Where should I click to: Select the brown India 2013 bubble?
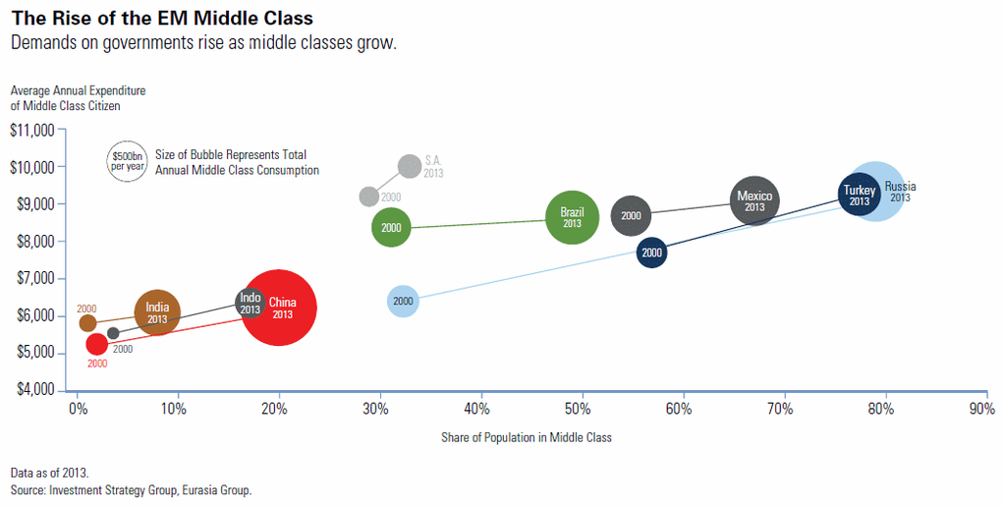pos(157,313)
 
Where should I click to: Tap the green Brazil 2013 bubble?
pos(572,217)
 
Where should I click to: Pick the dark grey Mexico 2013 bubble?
pos(754,202)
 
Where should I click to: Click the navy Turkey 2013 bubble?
pos(860,195)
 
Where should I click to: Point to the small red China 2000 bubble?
pos(96,344)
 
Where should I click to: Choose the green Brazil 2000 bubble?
pos(391,228)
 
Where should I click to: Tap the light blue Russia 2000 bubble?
pos(403,301)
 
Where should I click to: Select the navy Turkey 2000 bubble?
pos(651,253)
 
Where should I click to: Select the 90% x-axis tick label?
pos(981,409)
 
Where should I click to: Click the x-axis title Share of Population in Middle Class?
pos(527,437)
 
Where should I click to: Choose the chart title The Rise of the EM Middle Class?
pos(162,19)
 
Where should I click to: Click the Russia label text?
pos(900,187)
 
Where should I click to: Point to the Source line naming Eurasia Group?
pos(131,489)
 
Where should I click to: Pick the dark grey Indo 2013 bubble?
pos(251,303)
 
